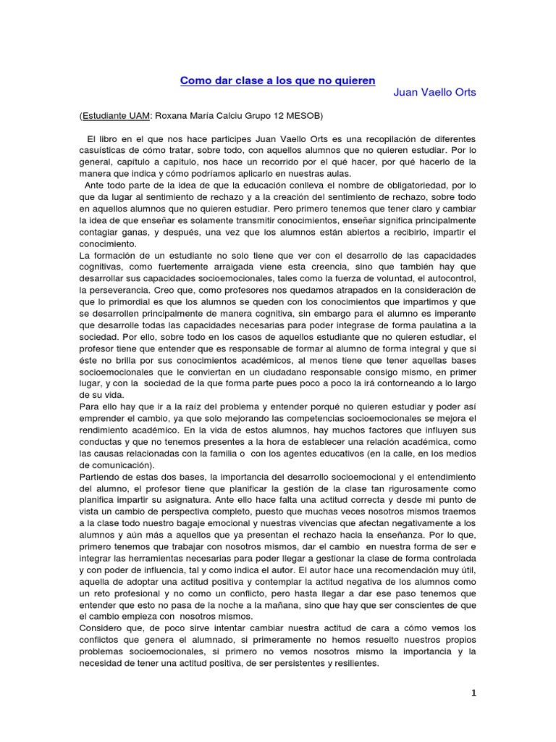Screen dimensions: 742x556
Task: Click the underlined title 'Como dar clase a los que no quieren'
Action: click(x=278, y=80)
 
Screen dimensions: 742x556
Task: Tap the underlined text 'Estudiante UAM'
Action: click(x=116, y=115)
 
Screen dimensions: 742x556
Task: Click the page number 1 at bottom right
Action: click(x=473, y=693)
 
